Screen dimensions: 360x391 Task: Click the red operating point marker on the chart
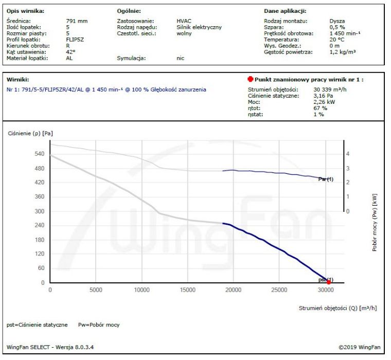[x=329, y=281]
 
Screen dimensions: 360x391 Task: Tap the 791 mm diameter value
[x=77, y=21]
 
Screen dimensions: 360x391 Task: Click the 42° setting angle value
[x=71, y=52]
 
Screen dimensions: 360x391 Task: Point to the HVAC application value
[x=184, y=21]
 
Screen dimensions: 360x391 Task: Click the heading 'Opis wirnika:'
[x=25, y=10]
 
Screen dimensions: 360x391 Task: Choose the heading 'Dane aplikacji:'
[x=285, y=10]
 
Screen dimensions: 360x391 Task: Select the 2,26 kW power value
[x=324, y=102]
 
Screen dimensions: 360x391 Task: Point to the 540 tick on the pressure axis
[x=40, y=154]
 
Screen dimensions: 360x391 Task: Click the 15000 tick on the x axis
[x=187, y=290]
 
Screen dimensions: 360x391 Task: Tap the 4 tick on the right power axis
[x=348, y=154]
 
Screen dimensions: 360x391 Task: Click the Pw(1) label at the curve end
[x=326, y=179]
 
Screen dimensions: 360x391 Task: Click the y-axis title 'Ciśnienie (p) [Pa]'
[x=30, y=133]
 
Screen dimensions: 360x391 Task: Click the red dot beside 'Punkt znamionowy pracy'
[x=250, y=80]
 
